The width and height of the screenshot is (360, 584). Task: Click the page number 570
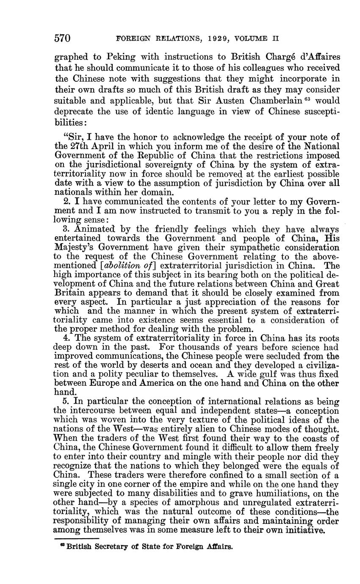click(62, 39)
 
